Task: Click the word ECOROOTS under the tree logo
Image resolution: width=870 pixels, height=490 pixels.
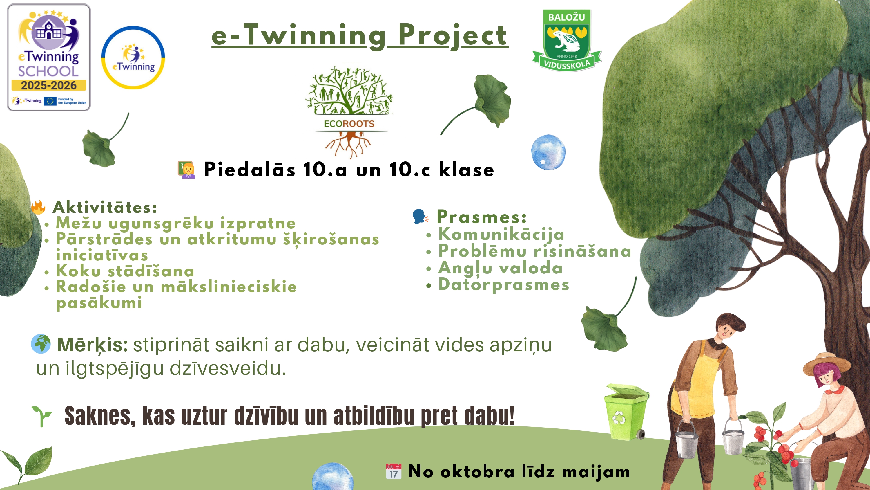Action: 349,124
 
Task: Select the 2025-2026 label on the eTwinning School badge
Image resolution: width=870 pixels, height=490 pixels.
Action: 49,85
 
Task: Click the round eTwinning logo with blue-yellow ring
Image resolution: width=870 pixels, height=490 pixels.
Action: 133,58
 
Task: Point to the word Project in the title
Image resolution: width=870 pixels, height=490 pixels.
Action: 453,35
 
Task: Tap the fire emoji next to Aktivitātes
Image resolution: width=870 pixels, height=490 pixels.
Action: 38,207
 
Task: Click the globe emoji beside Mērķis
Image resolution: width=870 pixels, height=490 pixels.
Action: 41,344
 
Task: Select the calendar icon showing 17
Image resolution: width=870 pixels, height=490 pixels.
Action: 394,471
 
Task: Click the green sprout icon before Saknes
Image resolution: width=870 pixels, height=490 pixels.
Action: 42,416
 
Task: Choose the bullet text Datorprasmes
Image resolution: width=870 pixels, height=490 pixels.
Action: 503,285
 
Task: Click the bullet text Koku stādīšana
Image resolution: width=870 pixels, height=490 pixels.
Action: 125,271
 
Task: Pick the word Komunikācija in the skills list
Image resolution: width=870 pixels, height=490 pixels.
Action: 501,234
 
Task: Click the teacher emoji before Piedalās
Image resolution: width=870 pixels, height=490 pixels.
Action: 186,170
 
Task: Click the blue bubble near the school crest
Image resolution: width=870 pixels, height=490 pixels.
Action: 548,152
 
